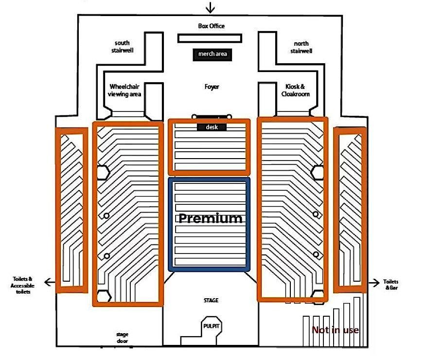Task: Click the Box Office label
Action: (x=212, y=26)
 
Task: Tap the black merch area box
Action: (x=212, y=54)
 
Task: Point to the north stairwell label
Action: (x=302, y=47)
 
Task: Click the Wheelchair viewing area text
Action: (x=125, y=90)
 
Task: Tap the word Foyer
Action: (x=212, y=87)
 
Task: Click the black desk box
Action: (x=212, y=127)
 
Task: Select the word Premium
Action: (x=210, y=218)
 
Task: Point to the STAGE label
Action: (x=211, y=300)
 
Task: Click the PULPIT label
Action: (x=212, y=326)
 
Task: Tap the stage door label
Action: (x=122, y=338)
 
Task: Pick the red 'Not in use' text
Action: (x=336, y=330)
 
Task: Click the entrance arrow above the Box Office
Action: (x=210, y=7)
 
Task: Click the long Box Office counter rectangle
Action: (x=209, y=38)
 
